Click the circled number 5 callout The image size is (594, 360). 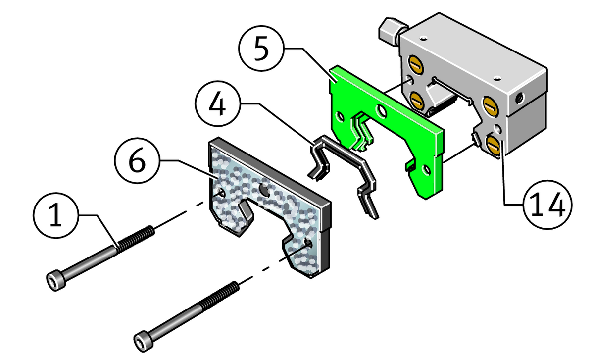coord(261,49)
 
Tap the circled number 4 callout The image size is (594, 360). coord(218,103)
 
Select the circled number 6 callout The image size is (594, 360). coord(138,160)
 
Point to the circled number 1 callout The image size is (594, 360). coord(56,215)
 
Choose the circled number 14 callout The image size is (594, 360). coord(547,205)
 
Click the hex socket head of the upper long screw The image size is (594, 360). coord(56,280)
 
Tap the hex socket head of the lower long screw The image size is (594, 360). coord(144,341)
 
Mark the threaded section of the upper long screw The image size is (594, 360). coord(136,239)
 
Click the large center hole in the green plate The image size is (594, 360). coord(382,111)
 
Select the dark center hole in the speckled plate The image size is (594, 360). coord(264,190)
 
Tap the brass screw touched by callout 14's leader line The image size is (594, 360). coord(494,145)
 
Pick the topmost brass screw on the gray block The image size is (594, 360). coord(416,64)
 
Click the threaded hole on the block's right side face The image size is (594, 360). coord(519,99)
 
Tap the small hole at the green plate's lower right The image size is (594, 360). coord(426,170)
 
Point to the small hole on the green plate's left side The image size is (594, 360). coord(340,117)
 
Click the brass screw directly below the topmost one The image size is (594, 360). coord(417,100)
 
